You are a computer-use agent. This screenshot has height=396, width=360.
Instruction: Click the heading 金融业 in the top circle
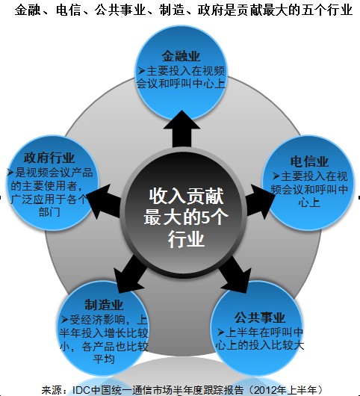pyautogui.click(x=181, y=56)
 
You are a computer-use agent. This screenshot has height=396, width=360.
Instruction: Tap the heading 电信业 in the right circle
pyautogui.click(x=309, y=161)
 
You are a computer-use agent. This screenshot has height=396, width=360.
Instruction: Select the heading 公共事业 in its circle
pyautogui.click(x=259, y=318)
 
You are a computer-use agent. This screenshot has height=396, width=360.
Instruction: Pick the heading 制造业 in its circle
pyautogui.click(x=104, y=305)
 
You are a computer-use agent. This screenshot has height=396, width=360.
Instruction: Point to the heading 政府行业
pyautogui.click(x=49, y=158)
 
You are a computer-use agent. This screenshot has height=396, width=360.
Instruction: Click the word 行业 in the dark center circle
pyautogui.click(x=186, y=238)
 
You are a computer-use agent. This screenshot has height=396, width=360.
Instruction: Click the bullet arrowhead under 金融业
pyautogui.click(x=142, y=71)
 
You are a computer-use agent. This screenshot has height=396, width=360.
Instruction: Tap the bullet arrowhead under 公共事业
pyautogui.click(x=220, y=332)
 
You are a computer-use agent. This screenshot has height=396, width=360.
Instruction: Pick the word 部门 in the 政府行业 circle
pyautogui.click(x=49, y=212)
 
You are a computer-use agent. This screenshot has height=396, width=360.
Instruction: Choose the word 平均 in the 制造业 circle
pyautogui.click(x=104, y=359)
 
